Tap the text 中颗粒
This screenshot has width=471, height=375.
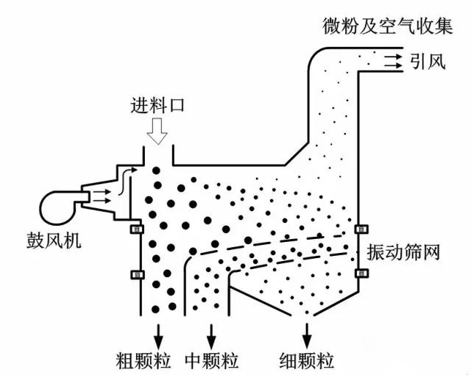coord(213,360)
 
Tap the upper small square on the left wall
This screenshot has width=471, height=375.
coord(135,229)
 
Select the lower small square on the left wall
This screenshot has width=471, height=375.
coord(135,275)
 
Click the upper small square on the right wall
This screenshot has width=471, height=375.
coord(360,229)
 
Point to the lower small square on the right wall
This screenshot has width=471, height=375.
coord(360,274)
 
